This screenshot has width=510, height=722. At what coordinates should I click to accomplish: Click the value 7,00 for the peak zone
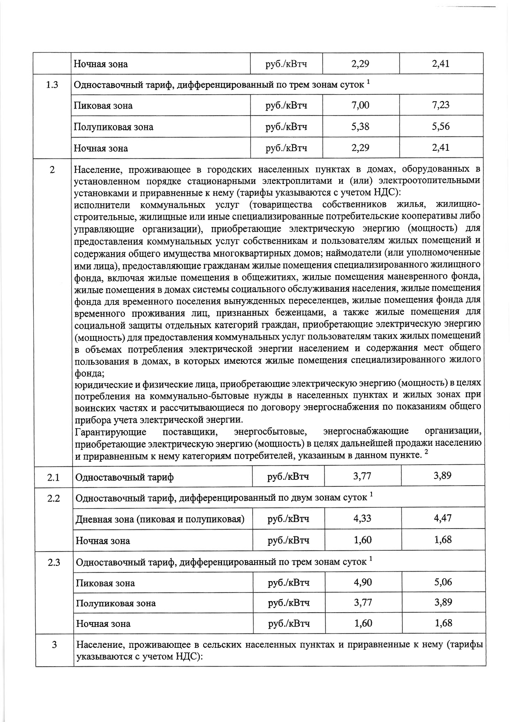click(360, 105)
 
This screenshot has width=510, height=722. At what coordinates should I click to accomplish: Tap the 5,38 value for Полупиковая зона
click(360, 127)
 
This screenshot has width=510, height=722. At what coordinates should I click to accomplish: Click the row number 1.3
click(52, 85)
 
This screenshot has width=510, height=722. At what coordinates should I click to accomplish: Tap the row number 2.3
click(54, 563)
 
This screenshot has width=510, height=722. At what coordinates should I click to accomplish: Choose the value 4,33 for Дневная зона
click(362, 518)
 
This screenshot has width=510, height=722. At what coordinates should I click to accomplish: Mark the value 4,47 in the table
click(443, 518)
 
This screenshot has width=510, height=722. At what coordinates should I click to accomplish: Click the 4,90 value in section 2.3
click(363, 582)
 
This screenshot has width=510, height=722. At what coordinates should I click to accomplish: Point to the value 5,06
click(443, 582)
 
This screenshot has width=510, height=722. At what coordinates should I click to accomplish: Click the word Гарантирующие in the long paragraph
click(111, 432)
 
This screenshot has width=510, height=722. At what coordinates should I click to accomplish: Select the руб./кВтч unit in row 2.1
click(288, 477)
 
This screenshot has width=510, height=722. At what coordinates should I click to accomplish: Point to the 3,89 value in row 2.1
click(442, 476)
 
